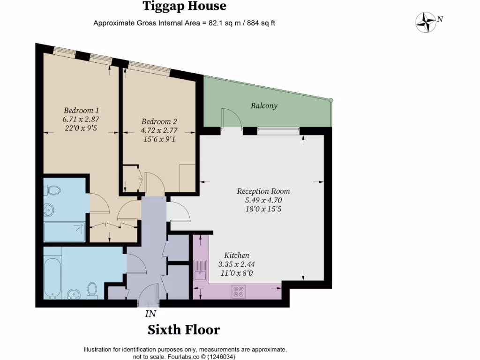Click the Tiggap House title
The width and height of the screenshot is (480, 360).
(184, 7)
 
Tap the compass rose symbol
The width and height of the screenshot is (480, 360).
(426, 21)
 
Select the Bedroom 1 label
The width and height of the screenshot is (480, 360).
(79, 111)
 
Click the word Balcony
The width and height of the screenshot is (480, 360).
(264, 106)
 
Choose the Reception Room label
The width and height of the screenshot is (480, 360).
(263, 191)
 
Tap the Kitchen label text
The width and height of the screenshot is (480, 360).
(236, 255)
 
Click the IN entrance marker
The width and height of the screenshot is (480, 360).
(150, 314)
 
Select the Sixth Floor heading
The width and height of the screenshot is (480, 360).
(184, 330)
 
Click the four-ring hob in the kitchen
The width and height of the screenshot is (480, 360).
(238, 292)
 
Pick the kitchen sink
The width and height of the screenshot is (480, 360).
(201, 270)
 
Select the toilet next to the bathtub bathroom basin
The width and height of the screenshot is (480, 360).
(92, 290)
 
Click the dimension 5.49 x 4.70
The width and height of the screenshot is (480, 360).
(263, 200)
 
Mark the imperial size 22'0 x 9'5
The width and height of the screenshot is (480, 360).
(81, 128)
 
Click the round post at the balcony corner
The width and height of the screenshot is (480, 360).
(331, 100)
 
